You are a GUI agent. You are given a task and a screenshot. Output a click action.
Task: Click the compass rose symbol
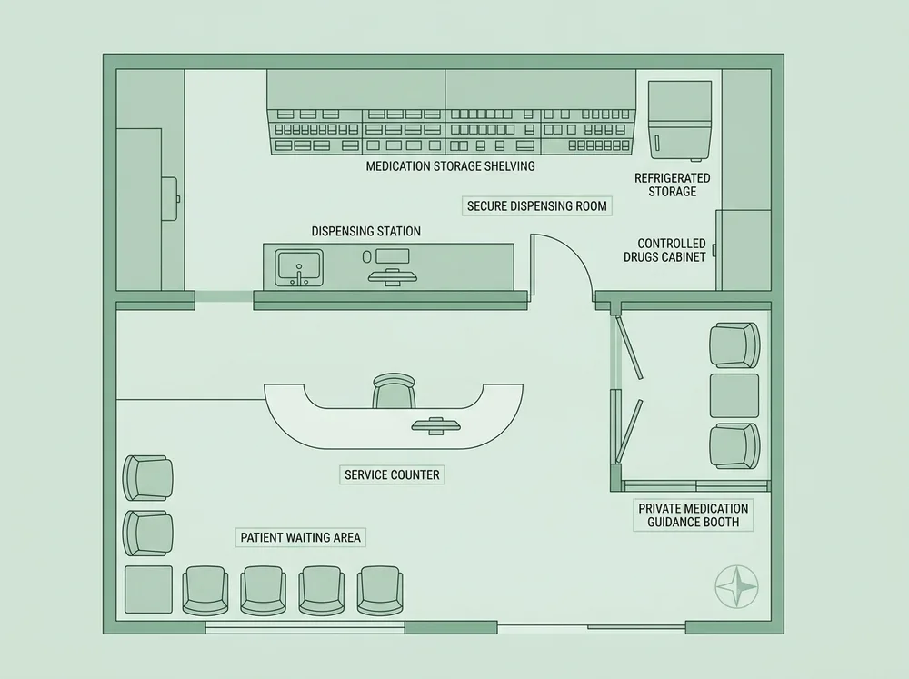736,586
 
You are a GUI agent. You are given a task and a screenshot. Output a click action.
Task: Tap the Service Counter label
392,474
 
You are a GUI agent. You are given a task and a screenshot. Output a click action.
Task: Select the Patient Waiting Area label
300,537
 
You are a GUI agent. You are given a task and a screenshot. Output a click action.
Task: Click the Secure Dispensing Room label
537,205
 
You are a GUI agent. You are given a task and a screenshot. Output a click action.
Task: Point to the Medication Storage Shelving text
451,166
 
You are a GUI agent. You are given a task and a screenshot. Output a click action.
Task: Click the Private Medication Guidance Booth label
694,514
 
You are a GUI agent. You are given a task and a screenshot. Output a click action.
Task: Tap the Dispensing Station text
365,232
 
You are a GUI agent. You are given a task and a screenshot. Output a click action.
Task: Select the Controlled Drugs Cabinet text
665,250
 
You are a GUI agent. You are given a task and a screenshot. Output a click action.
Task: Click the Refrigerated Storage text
673,185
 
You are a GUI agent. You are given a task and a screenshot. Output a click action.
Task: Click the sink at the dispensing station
298,267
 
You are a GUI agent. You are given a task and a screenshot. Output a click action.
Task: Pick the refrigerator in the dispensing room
680,120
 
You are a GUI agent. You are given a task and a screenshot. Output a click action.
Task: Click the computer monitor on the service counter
436,426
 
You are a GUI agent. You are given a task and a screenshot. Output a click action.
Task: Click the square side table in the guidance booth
734,395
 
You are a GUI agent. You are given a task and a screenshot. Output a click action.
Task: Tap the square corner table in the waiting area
148,589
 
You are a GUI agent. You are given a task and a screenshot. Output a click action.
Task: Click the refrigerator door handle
658,143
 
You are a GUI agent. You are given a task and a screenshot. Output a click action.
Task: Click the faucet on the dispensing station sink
299,276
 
